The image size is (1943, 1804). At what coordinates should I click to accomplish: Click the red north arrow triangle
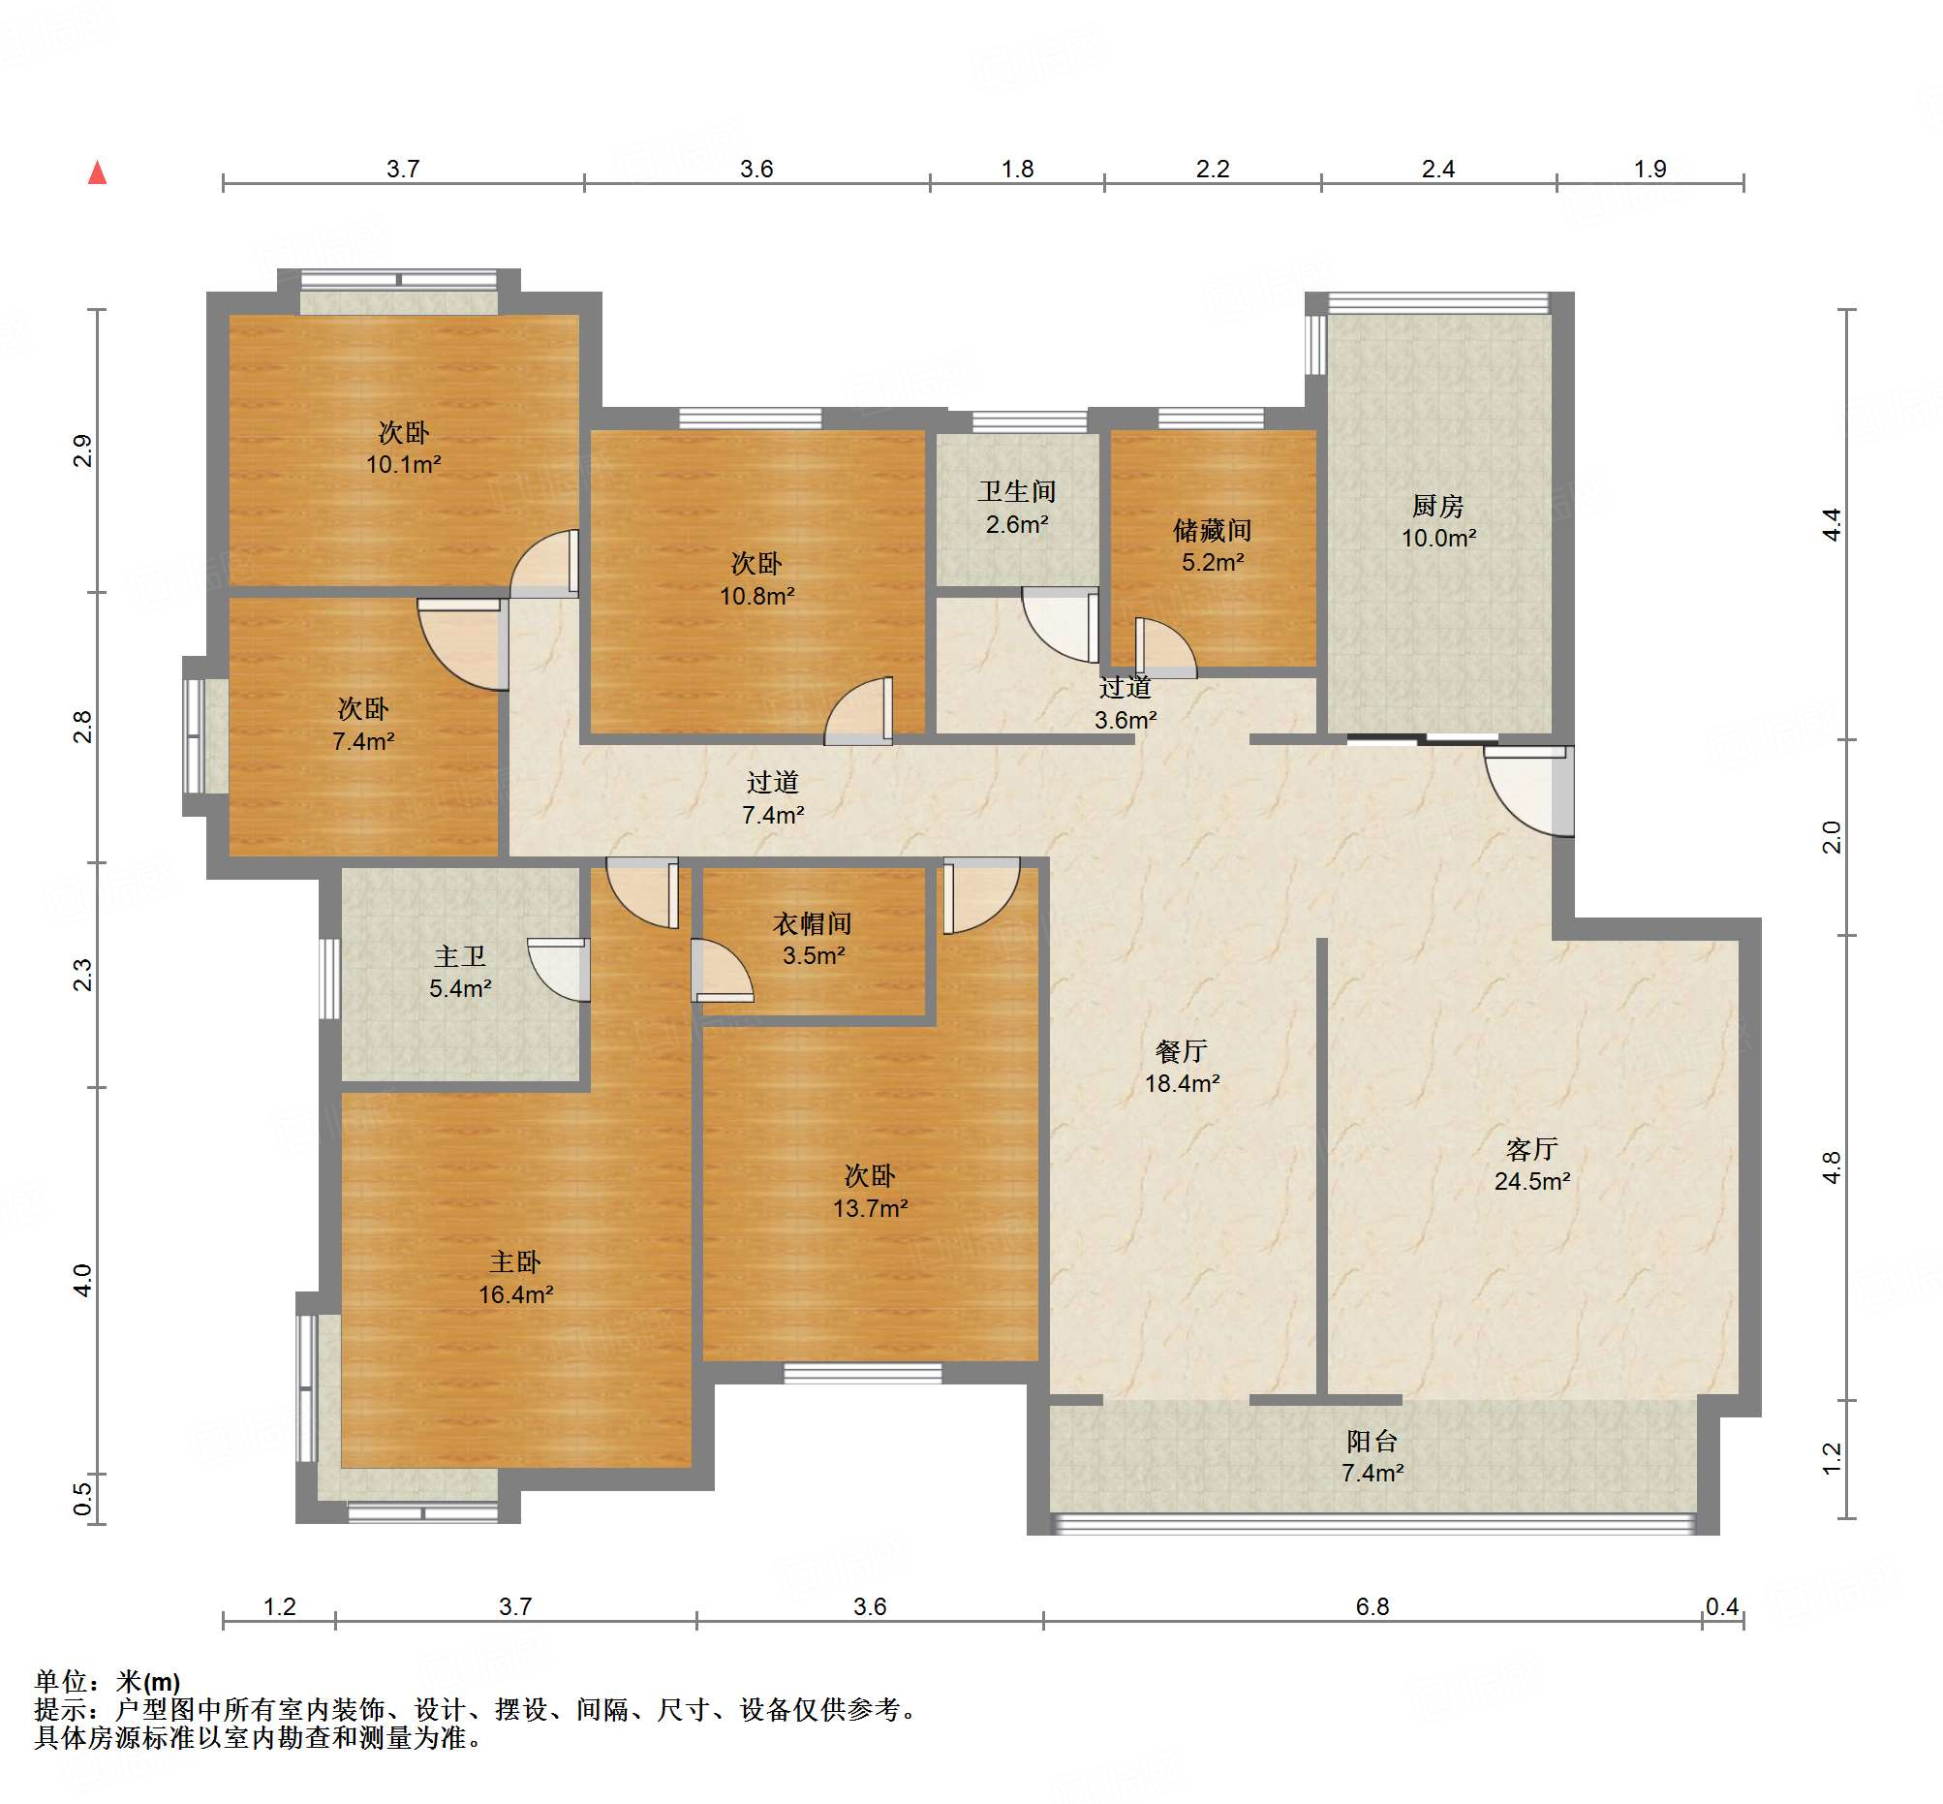(98, 172)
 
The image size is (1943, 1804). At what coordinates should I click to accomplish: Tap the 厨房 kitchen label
(1437, 506)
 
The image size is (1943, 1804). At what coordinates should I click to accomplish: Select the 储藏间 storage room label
(1212, 530)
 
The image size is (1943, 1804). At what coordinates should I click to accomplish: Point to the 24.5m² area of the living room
(1532, 1181)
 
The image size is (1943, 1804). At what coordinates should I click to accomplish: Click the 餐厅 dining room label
(1182, 1050)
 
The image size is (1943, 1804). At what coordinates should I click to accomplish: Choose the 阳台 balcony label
(1372, 1441)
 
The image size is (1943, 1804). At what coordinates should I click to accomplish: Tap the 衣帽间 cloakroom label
(812, 922)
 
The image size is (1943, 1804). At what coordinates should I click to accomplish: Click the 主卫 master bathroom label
(460, 955)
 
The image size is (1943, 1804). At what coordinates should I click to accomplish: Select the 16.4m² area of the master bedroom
(516, 1294)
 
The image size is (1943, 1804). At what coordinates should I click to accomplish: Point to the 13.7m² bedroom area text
(871, 1208)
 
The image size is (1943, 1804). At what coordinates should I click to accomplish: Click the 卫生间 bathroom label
(1017, 491)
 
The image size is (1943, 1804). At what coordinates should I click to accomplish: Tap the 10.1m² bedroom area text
(404, 465)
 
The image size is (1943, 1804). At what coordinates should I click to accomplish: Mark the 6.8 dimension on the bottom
(1372, 1606)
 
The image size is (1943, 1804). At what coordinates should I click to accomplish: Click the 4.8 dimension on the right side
(1831, 1167)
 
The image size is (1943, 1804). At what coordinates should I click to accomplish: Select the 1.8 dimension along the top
(1017, 169)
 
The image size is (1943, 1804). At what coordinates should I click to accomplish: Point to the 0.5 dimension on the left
(83, 1500)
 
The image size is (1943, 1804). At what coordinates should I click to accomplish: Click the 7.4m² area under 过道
(773, 814)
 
